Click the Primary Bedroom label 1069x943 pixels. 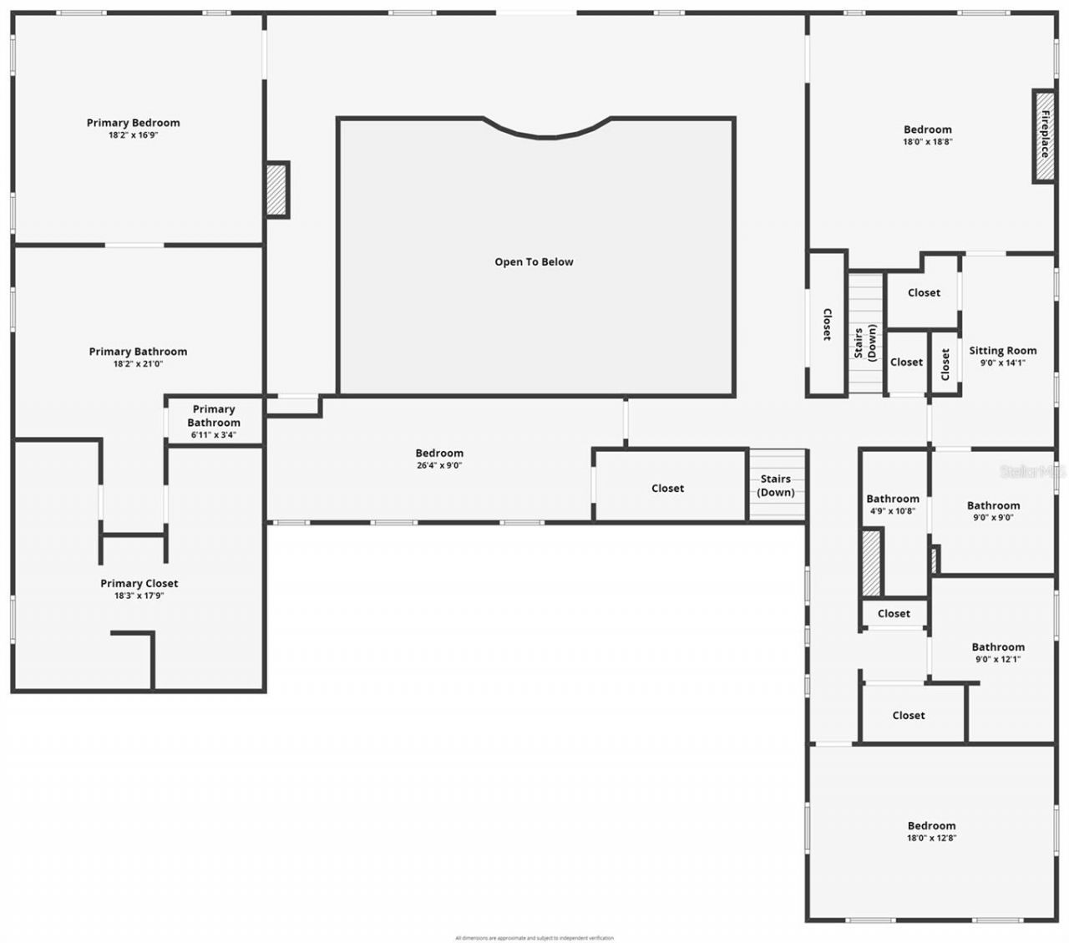133,123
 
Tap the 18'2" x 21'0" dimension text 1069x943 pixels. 138,364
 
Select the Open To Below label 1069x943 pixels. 534,261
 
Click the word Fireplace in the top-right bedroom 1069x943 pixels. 1044,136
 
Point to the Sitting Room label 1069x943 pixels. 1002,351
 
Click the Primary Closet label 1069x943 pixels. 139,583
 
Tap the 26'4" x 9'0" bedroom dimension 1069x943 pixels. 439,465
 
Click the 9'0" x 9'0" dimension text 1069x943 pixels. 993,517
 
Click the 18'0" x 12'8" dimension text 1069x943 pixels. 931,838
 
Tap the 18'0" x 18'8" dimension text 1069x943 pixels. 927,142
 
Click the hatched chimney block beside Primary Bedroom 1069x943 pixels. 276,190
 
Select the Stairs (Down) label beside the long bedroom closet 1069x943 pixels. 775,485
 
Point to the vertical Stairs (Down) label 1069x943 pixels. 865,342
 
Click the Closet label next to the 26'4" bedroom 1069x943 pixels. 667,488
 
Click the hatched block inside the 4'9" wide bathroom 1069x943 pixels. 871,563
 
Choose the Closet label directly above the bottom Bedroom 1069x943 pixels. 908,715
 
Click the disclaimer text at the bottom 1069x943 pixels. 534,938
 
